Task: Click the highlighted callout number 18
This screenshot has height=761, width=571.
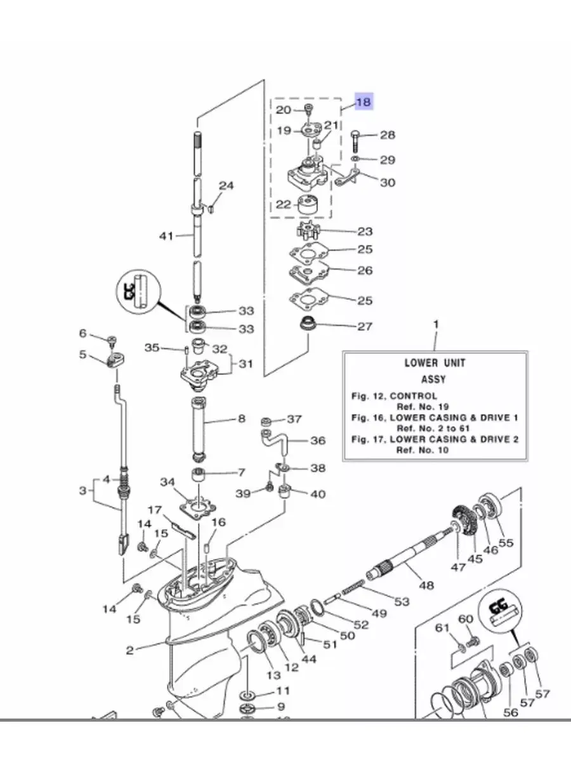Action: tap(364, 101)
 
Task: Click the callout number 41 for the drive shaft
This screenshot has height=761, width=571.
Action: tap(166, 236)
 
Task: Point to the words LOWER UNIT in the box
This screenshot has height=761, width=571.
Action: tap(435, 363)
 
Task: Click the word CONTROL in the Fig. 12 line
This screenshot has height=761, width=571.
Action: tap(413, 396)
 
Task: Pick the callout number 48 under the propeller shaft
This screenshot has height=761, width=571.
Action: tap(426, 585)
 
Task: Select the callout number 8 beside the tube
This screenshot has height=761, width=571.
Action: tap(242, 419)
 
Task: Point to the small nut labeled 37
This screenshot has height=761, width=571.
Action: tap(266, 421)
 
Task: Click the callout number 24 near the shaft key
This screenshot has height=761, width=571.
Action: tap(226, 186)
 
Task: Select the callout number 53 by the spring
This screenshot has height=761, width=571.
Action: tap(402, 601)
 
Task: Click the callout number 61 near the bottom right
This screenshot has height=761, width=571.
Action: tap(443, 628)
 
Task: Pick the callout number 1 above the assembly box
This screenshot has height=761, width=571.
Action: tap(435, 325)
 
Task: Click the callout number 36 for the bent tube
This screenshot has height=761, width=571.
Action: tap(317, 440)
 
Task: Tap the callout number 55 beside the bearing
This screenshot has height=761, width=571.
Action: tap(506, 543)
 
